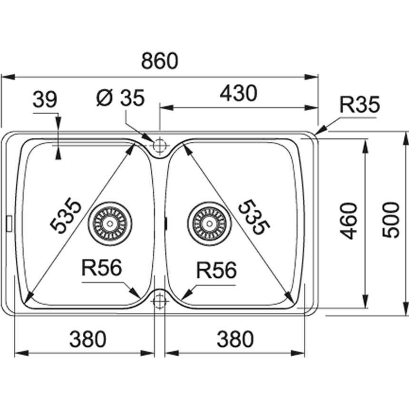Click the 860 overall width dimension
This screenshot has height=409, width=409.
point(160,61)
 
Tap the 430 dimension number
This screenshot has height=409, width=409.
point(238,93)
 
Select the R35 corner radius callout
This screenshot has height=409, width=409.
point(360,105)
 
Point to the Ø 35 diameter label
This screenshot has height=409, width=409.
point(120,98)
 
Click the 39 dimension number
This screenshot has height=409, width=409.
point(45,100)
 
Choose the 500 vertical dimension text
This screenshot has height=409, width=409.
point(390,220)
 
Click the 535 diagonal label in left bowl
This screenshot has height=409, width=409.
point(66,215)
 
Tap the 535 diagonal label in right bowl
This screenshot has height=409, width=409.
point(254,217)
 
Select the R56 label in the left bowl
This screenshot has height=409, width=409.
point(101,268)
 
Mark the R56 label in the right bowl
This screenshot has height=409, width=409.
point(216,270)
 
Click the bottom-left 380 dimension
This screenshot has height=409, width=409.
point(88,339)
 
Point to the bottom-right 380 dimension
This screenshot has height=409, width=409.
point(235,339)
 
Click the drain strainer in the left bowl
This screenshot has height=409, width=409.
point(110,224)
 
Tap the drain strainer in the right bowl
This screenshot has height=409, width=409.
point(209,224)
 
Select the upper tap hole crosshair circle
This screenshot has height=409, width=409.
point(159,145)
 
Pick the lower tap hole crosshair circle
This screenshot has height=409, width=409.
point(159,301)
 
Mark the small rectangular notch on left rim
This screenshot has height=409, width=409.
point(9,223)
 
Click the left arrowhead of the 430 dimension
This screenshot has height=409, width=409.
point(166,107)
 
